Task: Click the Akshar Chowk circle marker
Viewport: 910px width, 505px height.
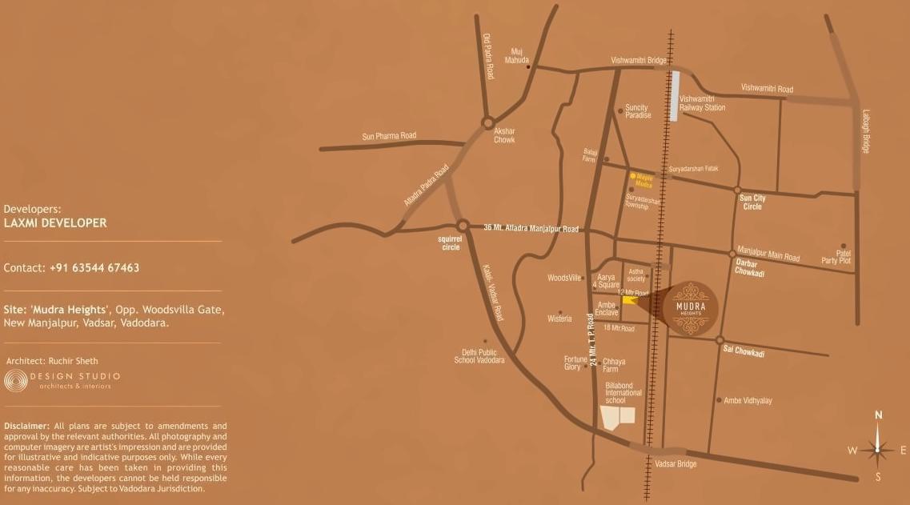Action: pyautogui.click(x=487, y=122)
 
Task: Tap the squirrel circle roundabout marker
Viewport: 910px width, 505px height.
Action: pyautogui.click(x=462, y=226)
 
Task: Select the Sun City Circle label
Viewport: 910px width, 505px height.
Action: pyautogui.click(x=752, y=202)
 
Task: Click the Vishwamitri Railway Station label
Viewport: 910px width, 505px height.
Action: pyautogui.click(x=702, y=102)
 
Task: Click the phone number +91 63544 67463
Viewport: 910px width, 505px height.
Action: pyautogui.click(x=94, y=268)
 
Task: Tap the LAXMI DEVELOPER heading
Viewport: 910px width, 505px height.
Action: pyautogui.click(x=55, y=223)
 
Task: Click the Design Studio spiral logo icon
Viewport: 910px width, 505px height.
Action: pyautogui.click(x=15, y=380)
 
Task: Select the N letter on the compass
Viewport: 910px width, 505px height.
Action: pyautogui.click(x=878, y=415)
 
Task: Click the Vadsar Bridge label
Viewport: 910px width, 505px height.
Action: pyautogui.click(x=675, y=464)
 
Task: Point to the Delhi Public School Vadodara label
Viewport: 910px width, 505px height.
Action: pyautogui.click(x=479, y=356)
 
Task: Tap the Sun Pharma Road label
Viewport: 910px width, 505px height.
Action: pyautogui.click(x=389, y=136)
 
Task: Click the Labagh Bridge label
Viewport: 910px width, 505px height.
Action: pyautogui.click(x=865, y=132)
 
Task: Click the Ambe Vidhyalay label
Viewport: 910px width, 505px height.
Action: pyautogui.click(x=748, y=400)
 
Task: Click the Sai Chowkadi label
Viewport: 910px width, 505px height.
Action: pyautogui.click(x=744, y=352)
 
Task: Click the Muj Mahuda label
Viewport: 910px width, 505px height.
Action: pyautogui.click(x=517, y=55)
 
